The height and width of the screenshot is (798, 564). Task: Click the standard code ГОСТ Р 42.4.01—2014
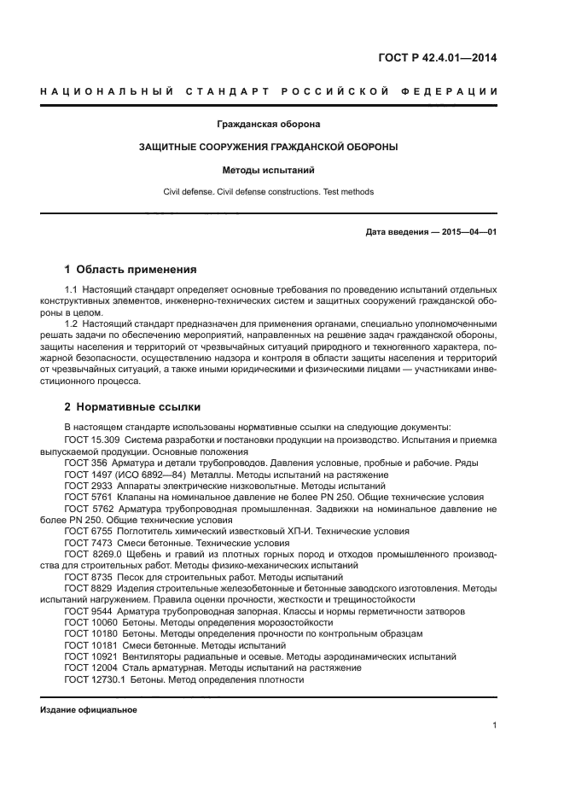pos(438,58)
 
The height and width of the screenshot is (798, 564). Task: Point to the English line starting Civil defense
pos(268,192)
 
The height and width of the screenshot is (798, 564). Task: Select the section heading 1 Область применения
pos(131,270)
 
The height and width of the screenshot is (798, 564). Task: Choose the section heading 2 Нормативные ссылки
pos(132,407)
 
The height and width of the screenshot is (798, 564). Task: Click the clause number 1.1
pos(72,291)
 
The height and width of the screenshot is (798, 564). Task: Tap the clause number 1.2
pos(72,325)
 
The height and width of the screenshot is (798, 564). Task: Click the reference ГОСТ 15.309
pos(94,440)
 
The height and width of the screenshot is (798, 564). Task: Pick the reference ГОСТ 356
pos(84,462)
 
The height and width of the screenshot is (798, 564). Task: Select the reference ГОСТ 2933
pos(87,485)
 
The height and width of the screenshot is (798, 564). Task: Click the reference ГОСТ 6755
pos(87,530)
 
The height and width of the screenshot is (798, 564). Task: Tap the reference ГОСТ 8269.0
pos(93,553)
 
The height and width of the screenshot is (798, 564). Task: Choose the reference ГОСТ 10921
pos(90,656)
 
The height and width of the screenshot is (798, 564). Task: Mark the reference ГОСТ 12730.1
pos(95,679)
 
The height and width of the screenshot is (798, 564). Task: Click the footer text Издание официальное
pos(89,710)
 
